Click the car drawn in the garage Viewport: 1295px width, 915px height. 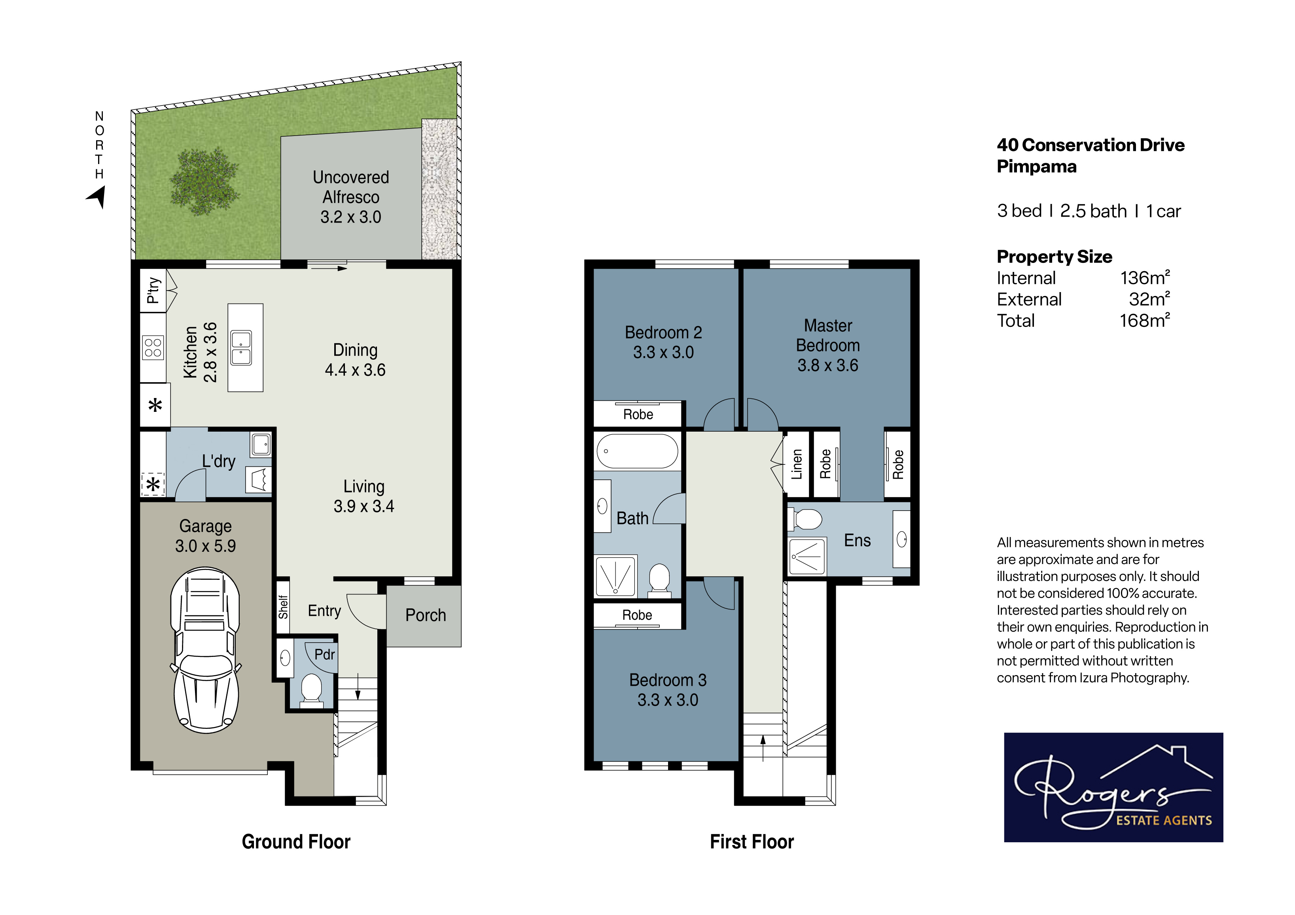tap(205, 650)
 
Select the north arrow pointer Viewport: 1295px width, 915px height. tap(97, 197)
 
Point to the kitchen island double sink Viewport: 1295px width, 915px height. tap(241, 347)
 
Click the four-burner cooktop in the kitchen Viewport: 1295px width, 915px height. tap(153, 347)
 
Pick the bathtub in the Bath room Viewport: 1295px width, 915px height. tap(637, 451)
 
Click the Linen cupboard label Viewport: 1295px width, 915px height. tap(796, 464)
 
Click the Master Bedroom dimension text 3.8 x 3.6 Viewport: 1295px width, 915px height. tap(827, 365)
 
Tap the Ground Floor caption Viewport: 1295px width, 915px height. tap(296, 842)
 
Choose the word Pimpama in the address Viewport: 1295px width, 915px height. tap(1037, 167)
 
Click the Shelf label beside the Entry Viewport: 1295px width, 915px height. tap(283, 607)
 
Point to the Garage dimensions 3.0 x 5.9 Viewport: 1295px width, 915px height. tap(205, 546)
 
